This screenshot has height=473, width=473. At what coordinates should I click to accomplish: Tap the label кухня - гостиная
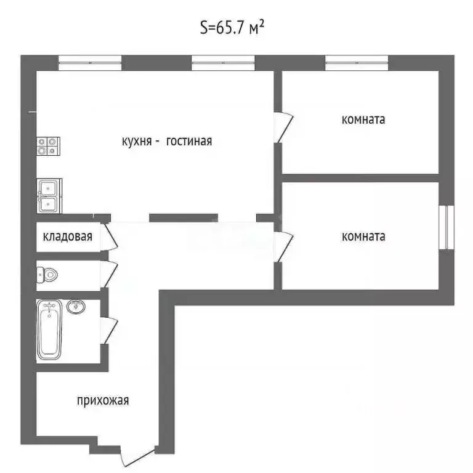tap(167, 141)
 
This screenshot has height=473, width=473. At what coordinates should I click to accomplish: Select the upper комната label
tap(363, 119)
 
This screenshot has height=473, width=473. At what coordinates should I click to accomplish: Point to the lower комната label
tap(363, 236)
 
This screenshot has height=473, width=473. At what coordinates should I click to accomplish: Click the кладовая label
tap(68, 236)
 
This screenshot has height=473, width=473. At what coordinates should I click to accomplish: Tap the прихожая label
tap(103, 401)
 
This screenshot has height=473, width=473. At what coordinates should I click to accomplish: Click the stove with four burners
tap(47, 145)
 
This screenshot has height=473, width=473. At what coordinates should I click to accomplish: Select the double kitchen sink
tap(48, 195)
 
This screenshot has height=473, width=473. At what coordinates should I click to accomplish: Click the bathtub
tap(50, 329)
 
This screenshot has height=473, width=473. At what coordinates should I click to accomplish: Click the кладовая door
tap(110, 236)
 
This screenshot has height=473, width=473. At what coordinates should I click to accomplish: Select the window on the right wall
tap(448, 227)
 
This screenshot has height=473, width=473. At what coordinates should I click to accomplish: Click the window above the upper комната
tap(357, 61)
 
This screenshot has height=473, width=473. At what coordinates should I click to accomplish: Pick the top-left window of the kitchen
tap(90, 61)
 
